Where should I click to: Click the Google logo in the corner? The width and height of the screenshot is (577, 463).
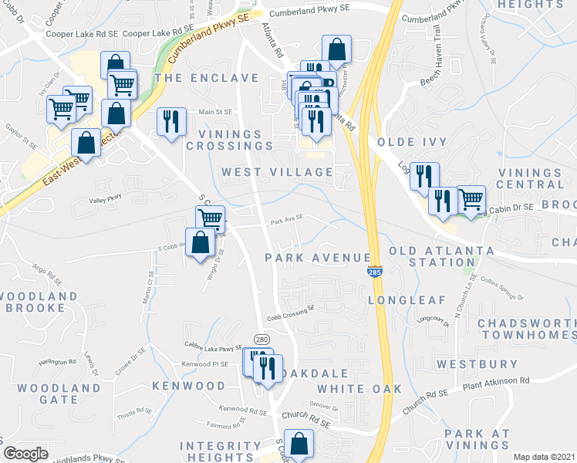tap(25, 454)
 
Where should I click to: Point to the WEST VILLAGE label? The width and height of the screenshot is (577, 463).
tap(277, 172)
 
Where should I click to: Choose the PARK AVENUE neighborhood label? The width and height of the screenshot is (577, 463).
tap(318, 257)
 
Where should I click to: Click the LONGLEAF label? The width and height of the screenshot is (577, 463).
tap(398, 299)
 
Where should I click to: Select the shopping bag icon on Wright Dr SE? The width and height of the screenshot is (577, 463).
tap(201, 242)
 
